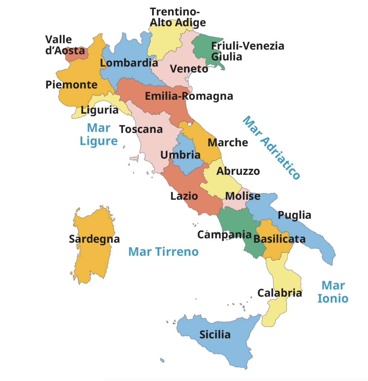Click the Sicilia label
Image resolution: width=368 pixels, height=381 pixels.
pyautogui.click(x=215, y=334)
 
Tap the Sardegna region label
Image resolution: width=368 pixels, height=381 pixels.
pyautogui.click(x=94, y=239)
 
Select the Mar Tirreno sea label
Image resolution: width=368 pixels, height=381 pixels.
pyautogui.click(x=163, y=252)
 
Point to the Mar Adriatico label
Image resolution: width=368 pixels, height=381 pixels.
pyautogui.click(x=271, y=148)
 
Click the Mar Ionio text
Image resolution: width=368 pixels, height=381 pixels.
pyautogui.click(x=333, y=292)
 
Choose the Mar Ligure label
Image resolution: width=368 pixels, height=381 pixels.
pyautogui.click(x=99, y=134)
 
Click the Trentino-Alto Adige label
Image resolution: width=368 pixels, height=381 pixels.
pyautogui.click(x=177, y=17)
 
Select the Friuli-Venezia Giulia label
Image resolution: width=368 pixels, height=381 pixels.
pyautogui.click(x=247, y=51)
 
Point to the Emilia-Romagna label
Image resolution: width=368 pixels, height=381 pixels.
pyautogui.click(x=189, y=96)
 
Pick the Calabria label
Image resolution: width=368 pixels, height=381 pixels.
pyautogui.click(x=279, y=293)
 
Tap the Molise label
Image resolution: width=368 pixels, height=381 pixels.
pyautogui.click(x=243, y=196)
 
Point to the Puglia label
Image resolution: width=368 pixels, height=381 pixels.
pyautogui.click(x=294, y=215)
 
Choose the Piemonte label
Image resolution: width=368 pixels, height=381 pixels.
pyautogui.click(x=71, y=84)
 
